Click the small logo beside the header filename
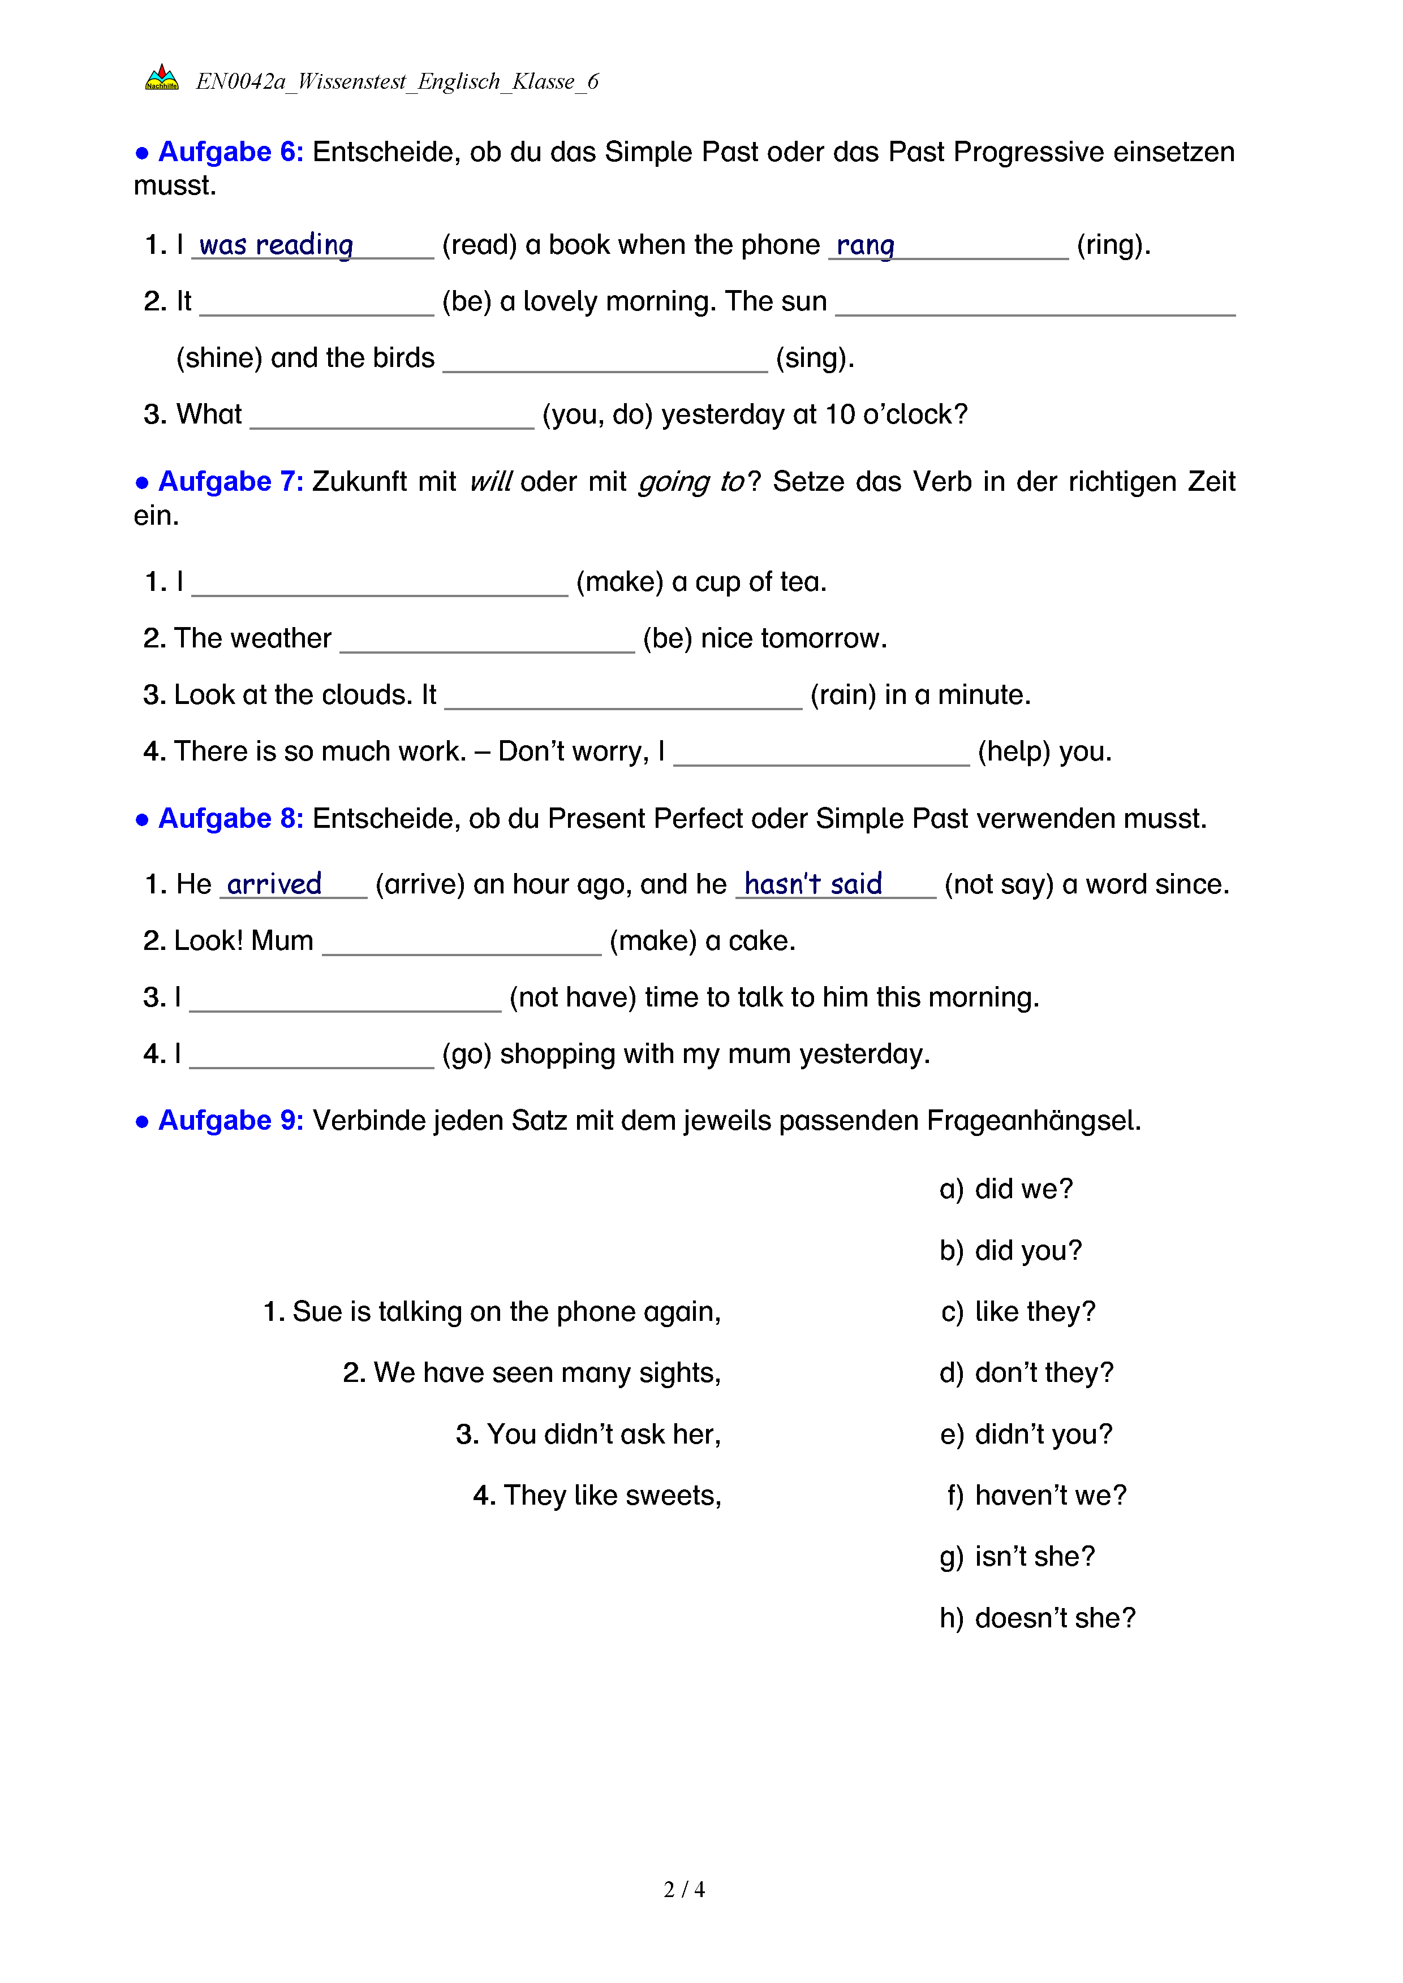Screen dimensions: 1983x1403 (162, 77)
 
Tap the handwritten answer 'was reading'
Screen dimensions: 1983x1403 (277, 245)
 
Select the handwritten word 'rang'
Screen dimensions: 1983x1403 (865, 245)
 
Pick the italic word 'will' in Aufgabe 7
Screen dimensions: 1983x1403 (490, 482)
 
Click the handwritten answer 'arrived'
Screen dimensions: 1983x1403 (274, 884)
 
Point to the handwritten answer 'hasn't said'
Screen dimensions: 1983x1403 (813, 884)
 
